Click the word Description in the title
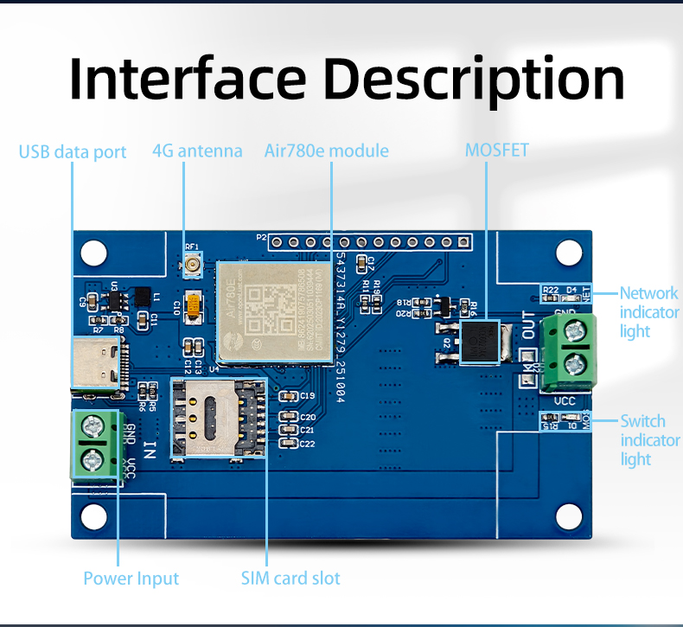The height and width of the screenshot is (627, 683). point(477,80)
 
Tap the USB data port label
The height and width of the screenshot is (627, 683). point(73,152)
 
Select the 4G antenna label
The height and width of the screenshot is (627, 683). point(197,150)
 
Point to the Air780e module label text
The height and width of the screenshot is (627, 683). point(326,150)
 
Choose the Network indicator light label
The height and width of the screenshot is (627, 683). point(648,312)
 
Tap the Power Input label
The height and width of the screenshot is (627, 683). point(131,578)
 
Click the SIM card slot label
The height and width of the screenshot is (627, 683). point(290,578)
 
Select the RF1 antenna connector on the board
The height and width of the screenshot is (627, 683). point(192,267)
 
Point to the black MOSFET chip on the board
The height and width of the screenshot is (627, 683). point(482,342)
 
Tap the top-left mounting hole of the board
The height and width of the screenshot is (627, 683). point(94,253)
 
